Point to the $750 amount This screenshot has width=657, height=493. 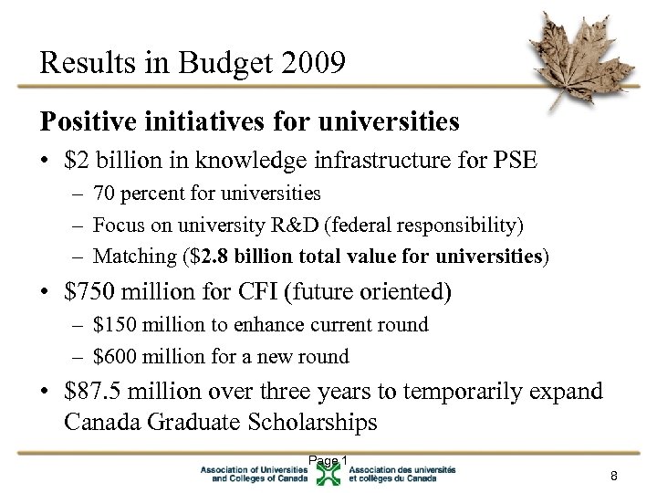pyautogui.click(x=89, y=292)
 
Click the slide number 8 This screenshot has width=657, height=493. pyautogui.click(x=614, y=476)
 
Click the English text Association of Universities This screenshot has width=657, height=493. pyautogui.click(x=255, y=468)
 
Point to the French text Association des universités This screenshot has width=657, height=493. pyautogui.click(x=401, y=468)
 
